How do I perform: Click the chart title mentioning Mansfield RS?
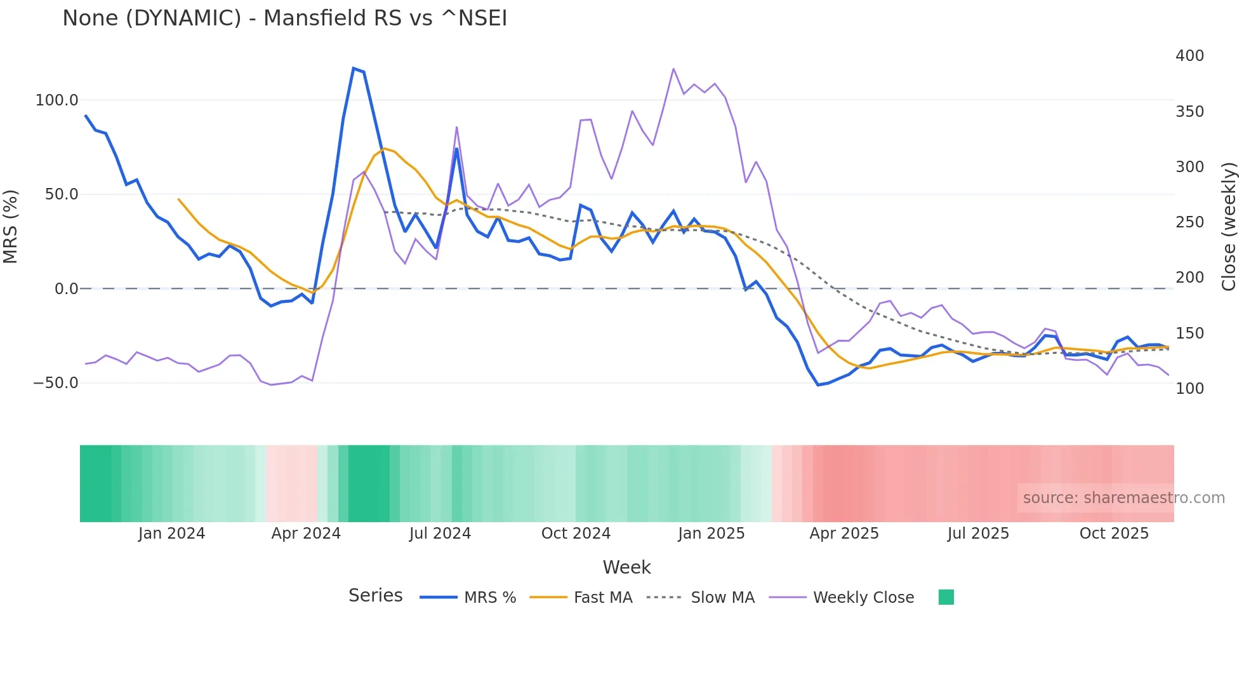[284, 18]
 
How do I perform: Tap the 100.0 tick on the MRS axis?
[56, 100]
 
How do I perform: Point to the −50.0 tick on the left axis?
[55, 383]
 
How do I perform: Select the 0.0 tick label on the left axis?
[66, 289]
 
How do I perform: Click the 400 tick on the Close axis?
[1189, 56]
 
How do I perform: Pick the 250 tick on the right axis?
[1189, 222]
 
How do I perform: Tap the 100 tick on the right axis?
[1189, 389]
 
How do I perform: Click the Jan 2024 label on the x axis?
[171, 534]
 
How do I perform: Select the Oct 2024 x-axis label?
[576, 534]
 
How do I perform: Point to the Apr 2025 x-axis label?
[844, 534]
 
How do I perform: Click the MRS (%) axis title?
[11, 226]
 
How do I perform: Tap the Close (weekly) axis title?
[1229, 226]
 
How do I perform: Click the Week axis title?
[626, 567]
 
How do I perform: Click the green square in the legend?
[946, 597]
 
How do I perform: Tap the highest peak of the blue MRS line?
[354, 68]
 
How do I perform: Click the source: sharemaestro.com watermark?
[1123, 498]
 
